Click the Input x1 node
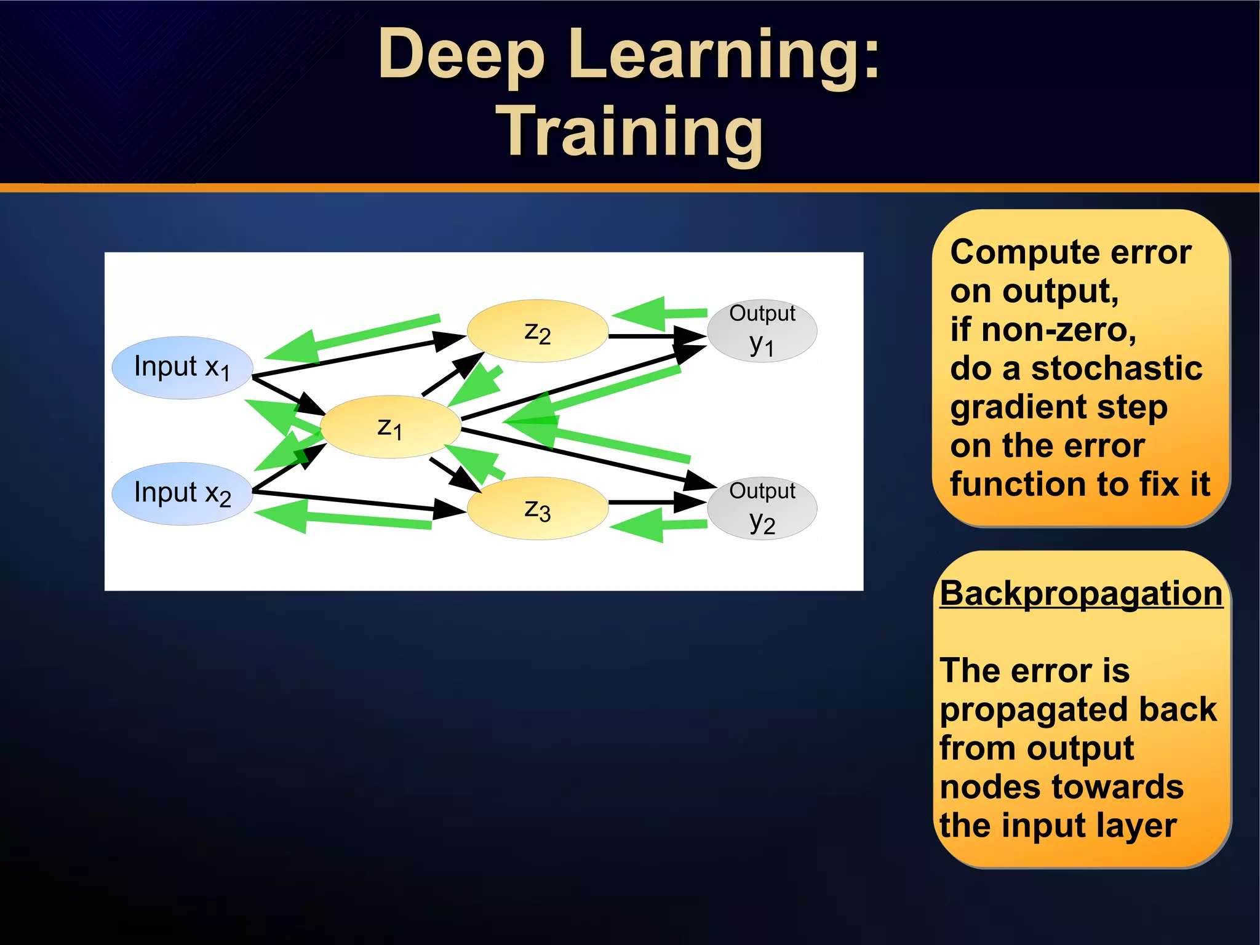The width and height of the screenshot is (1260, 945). pyautogui.click(x=182, y=368)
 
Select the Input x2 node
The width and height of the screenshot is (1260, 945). pyautogui.click(x=182, y=493)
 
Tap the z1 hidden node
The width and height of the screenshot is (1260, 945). pyautogui.click(x=390, y=427)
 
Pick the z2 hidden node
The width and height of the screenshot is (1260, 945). pyautogui.click(x=537, y=332)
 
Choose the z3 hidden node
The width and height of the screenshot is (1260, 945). pyautogui.click(x=537, y=509)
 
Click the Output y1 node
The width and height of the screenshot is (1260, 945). pyautogui.click(x=762, y=331)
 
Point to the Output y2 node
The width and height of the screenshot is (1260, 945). pyautogui.click(x=762, y=508)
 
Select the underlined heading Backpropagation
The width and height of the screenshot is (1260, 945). pyautogui.click(x=1081, y=594)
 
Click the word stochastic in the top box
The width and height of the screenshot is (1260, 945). pyautogui.click(x=1116, y=369)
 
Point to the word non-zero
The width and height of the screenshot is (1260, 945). pyautogui.click(x=1058, y=330)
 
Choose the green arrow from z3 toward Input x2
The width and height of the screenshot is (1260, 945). pyautogui.click(x=345, y=518)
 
